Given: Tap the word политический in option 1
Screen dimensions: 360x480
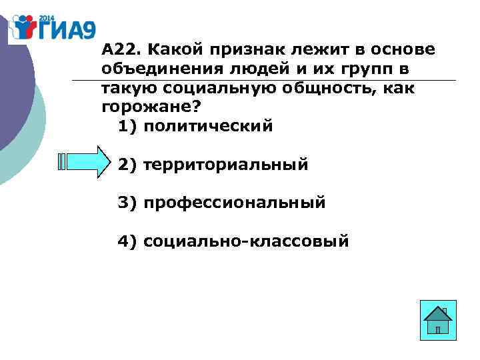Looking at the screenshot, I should click(x=208, y=126).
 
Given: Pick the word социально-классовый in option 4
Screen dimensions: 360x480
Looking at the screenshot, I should click(x=246, y=241).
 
